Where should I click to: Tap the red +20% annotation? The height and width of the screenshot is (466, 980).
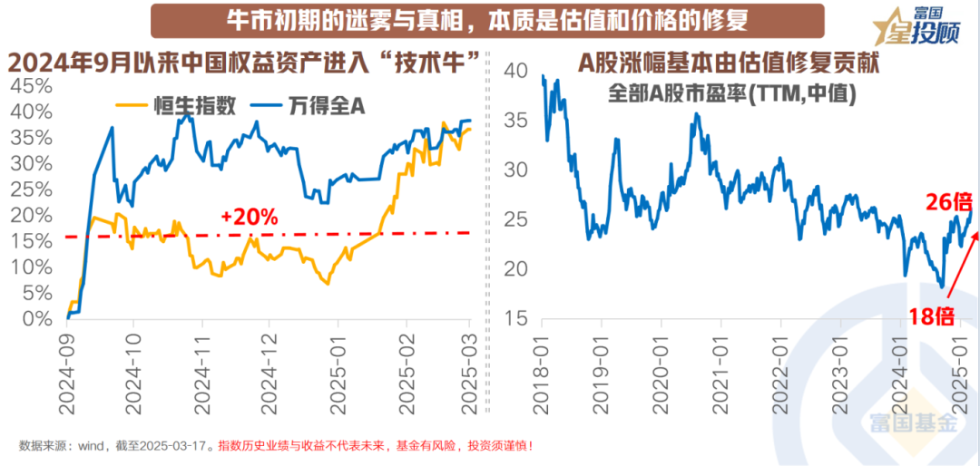tap(248, 218)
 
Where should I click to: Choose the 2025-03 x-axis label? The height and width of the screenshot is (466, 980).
tap(468, 367)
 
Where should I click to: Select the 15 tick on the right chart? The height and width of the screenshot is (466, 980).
tap(515, 319)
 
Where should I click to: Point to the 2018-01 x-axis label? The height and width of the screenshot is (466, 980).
tap(541, 367)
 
